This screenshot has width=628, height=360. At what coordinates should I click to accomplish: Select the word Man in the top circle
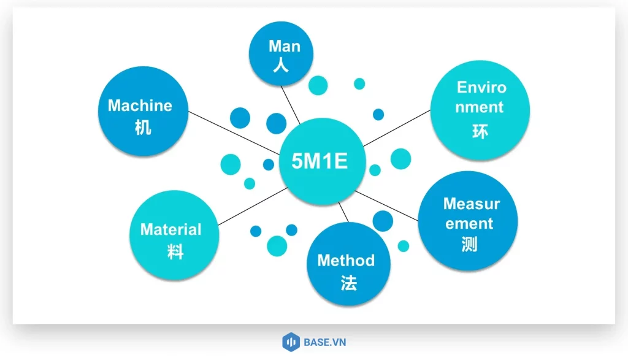coord(285,47)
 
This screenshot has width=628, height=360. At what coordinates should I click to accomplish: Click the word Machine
coord(140,105)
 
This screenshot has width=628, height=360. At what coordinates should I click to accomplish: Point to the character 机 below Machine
coord(142,128)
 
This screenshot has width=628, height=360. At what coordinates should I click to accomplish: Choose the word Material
coord(170,230)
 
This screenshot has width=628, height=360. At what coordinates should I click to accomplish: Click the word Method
coord(346,260)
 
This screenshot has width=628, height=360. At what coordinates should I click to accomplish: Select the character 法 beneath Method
coord(348,282)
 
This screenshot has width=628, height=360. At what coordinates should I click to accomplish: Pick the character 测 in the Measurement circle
coord(469,245)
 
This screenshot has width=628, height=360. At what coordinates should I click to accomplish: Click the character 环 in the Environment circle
coord(480,131)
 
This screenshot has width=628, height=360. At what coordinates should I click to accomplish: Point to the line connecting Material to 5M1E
coord(251,206)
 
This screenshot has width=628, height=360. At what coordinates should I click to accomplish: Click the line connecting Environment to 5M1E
coord(396,128)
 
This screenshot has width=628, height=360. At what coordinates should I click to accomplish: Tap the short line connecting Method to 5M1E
coord(344,212)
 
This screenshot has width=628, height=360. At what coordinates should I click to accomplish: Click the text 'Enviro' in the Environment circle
coord(482,87)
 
